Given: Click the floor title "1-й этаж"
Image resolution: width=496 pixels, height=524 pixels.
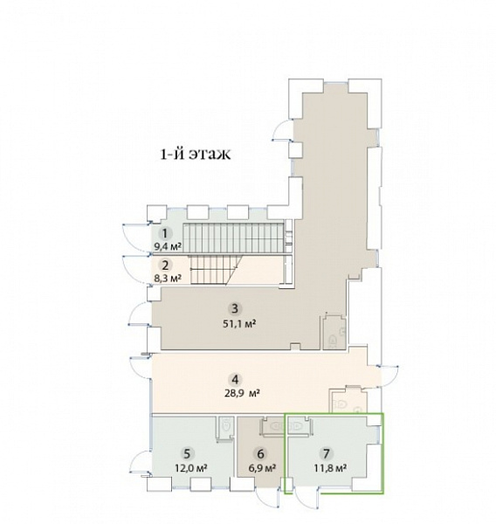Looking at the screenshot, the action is coord(196,155).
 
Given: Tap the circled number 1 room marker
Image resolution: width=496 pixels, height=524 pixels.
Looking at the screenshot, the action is coord(165,233).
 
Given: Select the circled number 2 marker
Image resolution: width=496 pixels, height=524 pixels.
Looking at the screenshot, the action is coord(165,265).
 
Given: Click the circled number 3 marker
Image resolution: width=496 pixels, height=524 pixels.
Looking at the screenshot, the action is coord(235,308).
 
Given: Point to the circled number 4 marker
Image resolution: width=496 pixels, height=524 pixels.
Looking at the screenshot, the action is coord(235,380).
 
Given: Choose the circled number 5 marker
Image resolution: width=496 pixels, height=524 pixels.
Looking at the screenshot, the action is coord(187,454).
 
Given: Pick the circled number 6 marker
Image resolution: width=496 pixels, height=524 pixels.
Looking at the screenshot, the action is coord(261,454).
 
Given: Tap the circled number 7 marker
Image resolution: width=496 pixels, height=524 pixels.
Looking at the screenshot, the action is coord(327,453).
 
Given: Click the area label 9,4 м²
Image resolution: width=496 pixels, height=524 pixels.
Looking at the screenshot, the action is coord(168,247).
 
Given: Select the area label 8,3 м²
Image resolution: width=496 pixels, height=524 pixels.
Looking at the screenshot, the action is coord(168,279).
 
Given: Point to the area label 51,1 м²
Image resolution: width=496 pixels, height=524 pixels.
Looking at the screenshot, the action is coord(239,323).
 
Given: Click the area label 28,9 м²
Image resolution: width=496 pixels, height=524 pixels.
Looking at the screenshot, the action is coord(242,393).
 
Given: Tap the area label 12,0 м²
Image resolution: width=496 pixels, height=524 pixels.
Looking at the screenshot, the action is coord(191,468).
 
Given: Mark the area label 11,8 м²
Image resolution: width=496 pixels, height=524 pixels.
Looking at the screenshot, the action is coord(330,468).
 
